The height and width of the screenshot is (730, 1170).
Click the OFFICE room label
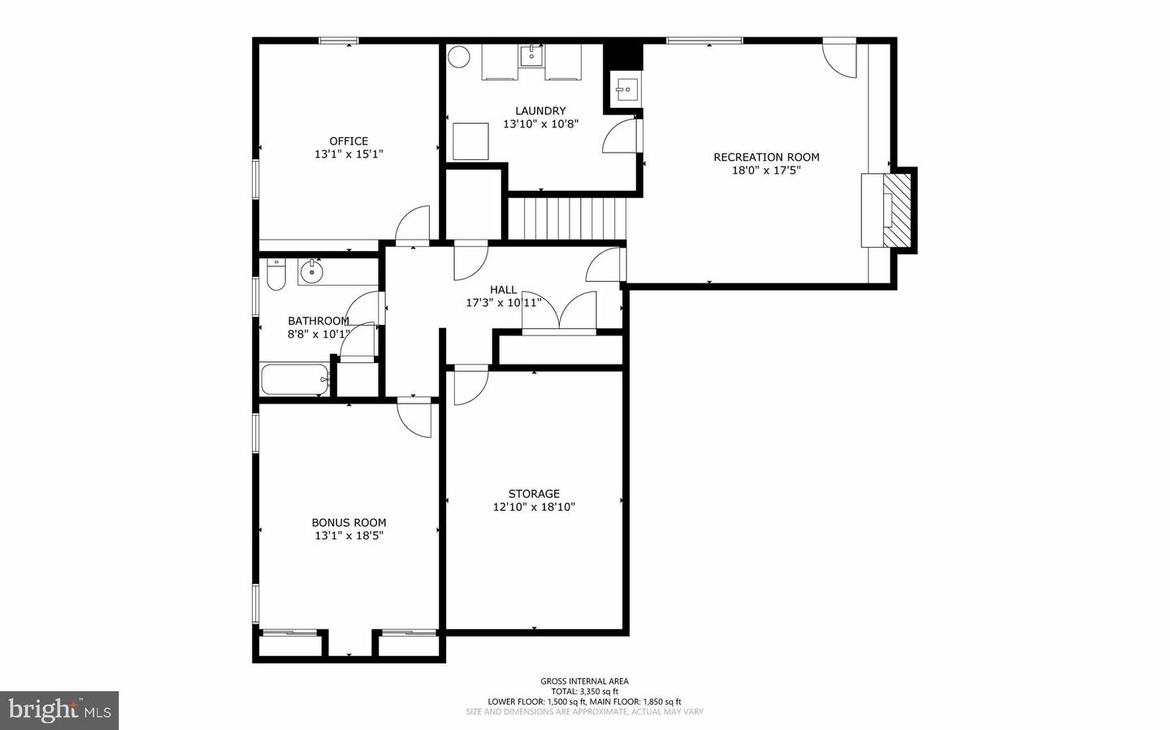(349, 141)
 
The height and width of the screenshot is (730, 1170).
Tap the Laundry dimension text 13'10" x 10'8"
(540, 124)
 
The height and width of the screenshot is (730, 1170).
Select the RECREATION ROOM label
(766, 158)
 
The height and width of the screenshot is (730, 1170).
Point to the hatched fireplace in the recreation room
(897, 210)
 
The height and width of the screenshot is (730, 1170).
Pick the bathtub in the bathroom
(295, 380)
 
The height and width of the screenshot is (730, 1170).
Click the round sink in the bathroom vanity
(311, 271)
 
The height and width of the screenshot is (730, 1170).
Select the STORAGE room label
(534, 494)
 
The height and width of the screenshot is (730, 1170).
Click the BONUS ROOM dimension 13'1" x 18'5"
(349, 535)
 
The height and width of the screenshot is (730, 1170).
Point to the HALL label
(504, 290)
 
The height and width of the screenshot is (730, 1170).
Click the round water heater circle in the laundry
(459, 56)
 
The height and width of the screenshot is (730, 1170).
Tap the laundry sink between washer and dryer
(531, 56)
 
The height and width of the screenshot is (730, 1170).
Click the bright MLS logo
(59, 711)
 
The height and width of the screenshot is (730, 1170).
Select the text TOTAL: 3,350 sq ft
(584, 691)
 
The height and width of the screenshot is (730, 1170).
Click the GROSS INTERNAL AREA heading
(584, 681)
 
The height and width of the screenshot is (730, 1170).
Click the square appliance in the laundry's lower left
(470, 141)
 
